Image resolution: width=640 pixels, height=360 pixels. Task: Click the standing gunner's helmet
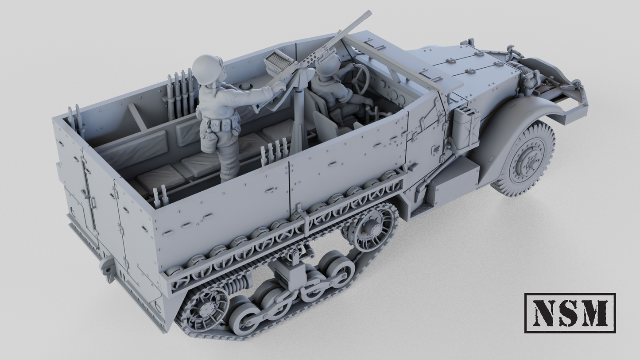pyautogui.click(x=207, y=69)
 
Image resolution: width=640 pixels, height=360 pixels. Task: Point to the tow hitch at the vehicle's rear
pyautogui.click(x=108, y=268)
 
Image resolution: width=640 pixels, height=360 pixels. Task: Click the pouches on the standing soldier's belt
pyautogui.click(x=219, y=128)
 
